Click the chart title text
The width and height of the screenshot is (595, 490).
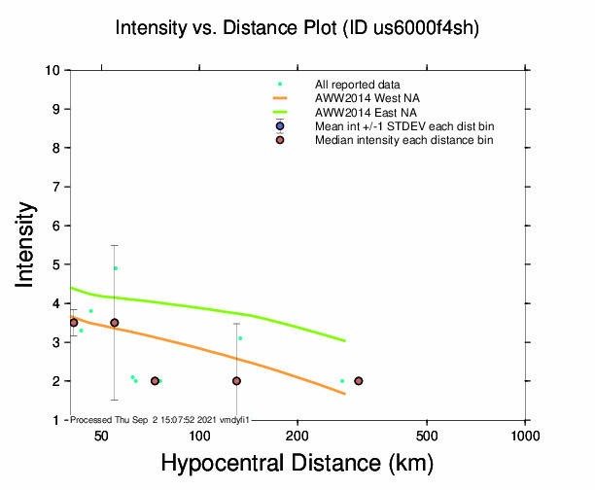297,28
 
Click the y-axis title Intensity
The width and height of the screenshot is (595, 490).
27,244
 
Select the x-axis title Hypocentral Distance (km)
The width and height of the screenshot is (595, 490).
297,464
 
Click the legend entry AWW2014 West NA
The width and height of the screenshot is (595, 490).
367,98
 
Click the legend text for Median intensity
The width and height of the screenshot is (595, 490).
403,140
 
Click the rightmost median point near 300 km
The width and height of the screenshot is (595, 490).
359,381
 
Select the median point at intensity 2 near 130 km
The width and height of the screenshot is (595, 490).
236,381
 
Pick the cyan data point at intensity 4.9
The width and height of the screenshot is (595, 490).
116,268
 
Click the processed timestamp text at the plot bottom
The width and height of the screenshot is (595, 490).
160,419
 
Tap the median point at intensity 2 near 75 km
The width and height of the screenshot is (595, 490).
155,381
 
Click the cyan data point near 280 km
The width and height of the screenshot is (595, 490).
342,381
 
